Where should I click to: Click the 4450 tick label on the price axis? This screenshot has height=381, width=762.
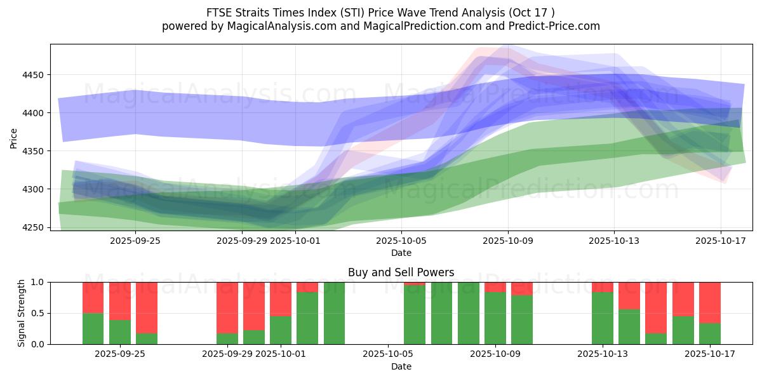click(x=33, y=75)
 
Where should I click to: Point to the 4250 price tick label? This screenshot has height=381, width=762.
click(x=33, y=227)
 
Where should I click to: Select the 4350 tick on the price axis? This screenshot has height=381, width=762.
click(x=33, y=151)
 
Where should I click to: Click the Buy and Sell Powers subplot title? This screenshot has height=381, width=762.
click(x=401, y=272)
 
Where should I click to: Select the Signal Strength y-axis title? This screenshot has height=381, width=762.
click(x=22, y=313)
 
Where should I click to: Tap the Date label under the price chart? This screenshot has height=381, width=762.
click(x=401, y=253)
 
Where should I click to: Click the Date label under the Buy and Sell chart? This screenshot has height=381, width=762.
click(x=401, y=366)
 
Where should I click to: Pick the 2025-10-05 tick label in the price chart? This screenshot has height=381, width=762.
click(x=401, y=241)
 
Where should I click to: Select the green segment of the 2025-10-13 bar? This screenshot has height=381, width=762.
click(x=602, y=317)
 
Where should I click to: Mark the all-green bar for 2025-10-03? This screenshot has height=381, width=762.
click(x=334, y=313)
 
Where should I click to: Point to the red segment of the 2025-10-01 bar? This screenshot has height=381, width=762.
click(x=281, y=299)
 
